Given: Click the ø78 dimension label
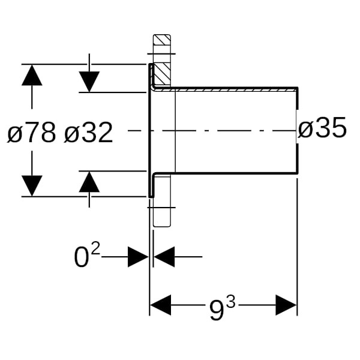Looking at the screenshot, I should point(31,133).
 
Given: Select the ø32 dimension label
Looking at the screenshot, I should point(88,133).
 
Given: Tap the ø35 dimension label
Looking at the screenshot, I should point(322,128).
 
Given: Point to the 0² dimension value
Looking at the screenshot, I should point(86,257).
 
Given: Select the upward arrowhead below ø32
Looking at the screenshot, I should point(89,182).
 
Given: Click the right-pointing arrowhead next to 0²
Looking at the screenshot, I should point(138,258).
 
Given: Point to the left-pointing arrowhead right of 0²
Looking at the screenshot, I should point(164,258).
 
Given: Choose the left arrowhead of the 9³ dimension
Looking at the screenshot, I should point(160,305).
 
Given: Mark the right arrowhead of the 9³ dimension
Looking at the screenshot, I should point(286,305).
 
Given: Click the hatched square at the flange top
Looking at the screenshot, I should point(162,44).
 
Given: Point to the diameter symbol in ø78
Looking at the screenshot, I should point(14,133).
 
